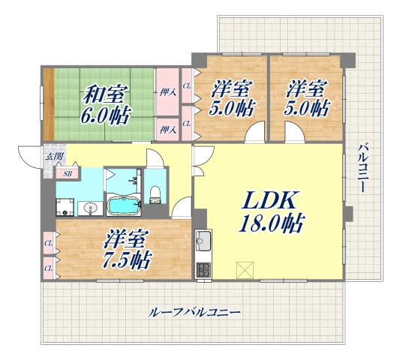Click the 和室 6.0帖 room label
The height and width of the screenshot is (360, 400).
coord(105,104)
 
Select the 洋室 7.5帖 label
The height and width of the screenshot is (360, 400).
coord(125,249)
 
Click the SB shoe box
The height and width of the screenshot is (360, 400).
coord(68,173)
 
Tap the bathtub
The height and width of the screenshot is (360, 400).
coord(122,205)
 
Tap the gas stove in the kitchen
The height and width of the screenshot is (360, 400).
coord(203,268)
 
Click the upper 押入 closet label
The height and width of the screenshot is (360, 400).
coord(167,92)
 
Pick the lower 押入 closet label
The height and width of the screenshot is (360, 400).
coord(167,130)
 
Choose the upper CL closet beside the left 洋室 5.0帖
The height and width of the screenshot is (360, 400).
coord(187,86)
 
